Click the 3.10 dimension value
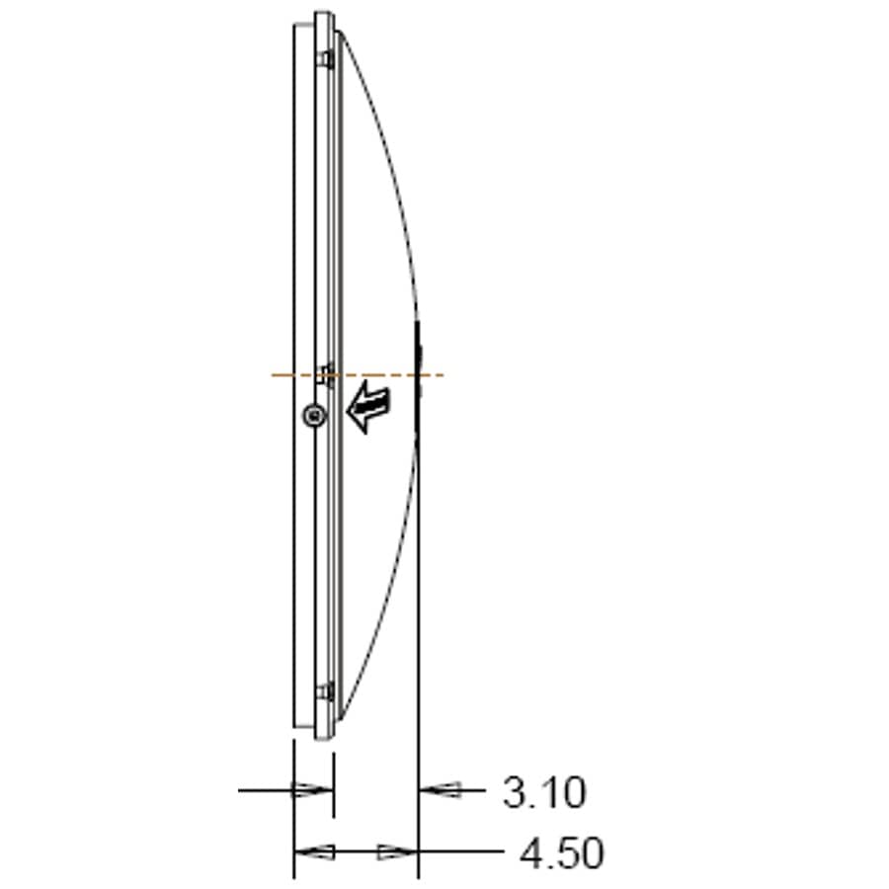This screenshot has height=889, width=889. click(x=544, y=792)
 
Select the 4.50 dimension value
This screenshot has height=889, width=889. click(x=561, y=853)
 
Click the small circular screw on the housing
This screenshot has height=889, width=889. click(x=313, y=417)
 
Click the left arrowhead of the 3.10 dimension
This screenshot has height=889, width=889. click(x=312, y=789)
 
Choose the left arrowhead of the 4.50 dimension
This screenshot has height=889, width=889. click(x=315, y=851)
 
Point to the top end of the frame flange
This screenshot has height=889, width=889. click(x=324, y=15)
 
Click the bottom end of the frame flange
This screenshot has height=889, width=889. click(x=324, y=737)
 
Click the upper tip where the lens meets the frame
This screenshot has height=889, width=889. click(x=340, y=34)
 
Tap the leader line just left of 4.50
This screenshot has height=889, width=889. click(x=464, y=851)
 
